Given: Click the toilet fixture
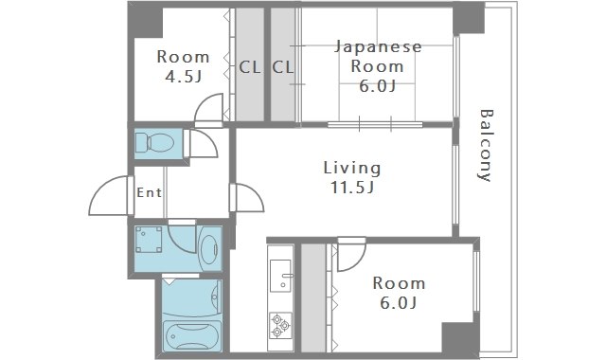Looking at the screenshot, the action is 154,143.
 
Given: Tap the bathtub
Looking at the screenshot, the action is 191,336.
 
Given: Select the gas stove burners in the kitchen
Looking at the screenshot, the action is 280,325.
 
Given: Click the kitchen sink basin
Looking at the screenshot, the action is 280,276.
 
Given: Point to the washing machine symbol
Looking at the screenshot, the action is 149,240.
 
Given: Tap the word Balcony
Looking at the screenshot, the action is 486,145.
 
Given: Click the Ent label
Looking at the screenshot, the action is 150,192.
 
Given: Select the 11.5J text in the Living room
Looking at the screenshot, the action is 352,188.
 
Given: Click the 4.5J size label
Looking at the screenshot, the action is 184,77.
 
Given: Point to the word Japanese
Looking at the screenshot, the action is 378,47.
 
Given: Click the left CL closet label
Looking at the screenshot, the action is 250,67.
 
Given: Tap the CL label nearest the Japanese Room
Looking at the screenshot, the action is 283,67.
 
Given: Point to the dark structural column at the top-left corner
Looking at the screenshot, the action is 146,19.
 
